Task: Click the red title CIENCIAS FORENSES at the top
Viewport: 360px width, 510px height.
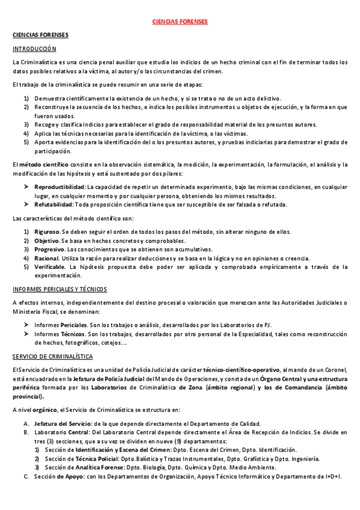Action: click(180, 21)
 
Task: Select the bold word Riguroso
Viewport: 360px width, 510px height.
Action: click(47, 232)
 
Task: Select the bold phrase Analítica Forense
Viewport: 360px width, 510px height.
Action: click(82, 467)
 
